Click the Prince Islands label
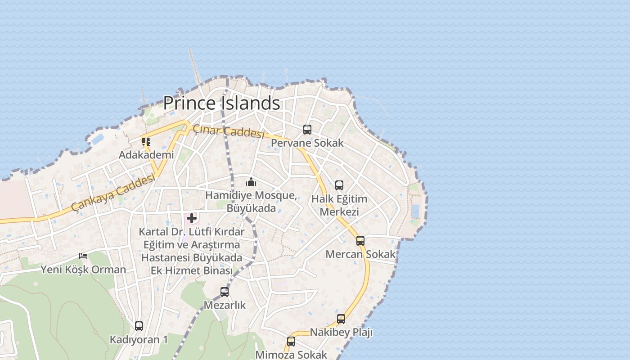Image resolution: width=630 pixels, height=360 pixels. [221, 103]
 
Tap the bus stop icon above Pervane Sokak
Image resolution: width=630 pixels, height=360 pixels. [307, 130]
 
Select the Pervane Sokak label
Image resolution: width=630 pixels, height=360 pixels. [307, 143]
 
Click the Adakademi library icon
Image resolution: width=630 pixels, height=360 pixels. [146, 142]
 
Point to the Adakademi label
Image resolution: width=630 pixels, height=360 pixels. [146, 155]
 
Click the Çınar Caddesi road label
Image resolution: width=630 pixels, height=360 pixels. [228, 131]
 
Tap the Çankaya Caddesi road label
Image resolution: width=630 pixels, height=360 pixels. [113, 193]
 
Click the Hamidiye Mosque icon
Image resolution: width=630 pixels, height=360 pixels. [251, 182]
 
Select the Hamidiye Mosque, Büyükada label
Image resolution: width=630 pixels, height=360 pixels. [251, 202]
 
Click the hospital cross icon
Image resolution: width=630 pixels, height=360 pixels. [192, 219]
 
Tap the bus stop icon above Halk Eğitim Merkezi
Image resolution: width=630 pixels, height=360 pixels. [339, 185]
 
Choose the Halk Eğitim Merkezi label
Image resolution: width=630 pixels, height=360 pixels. [339, 205]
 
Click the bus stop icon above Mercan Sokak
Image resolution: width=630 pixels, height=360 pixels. [360, 240]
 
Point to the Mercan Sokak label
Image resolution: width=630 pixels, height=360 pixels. [360, 254]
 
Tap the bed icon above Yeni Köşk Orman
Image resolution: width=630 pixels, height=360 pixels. [83, 256]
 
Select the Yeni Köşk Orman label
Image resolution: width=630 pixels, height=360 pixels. [83, 270]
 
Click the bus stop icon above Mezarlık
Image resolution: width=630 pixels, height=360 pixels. [225, 292]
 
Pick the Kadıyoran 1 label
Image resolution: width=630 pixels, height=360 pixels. [139, 339]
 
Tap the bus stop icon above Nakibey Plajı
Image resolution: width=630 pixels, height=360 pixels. [341, 319]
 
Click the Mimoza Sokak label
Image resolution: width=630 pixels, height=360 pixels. [291, 355]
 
